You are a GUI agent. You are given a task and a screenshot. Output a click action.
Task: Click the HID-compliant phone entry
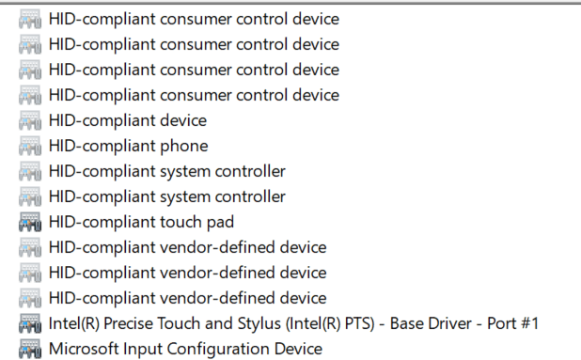click(128, 146)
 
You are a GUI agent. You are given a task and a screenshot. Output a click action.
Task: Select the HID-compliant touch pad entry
click(141, 222)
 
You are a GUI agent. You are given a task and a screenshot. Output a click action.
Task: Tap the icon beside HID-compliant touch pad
click(30, 223)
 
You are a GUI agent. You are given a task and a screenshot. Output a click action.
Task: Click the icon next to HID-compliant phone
click(30, 147)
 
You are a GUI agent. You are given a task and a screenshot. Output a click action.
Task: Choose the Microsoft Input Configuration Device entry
click(185, 349)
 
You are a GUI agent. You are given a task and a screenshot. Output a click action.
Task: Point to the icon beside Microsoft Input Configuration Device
click(30, 350)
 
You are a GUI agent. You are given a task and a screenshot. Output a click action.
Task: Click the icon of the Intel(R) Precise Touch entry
click(30, 324)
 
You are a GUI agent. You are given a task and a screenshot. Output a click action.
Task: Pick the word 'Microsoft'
click(84, 349)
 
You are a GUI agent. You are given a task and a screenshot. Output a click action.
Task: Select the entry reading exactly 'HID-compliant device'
click(127, 120)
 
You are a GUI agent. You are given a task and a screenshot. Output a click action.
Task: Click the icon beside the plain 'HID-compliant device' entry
click(30, 121)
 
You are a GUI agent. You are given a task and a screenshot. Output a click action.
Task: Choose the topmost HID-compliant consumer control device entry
click(194, 19)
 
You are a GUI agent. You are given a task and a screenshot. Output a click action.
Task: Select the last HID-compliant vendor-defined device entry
click(187, 298)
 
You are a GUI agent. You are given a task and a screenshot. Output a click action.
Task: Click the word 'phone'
click(184, 146)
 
